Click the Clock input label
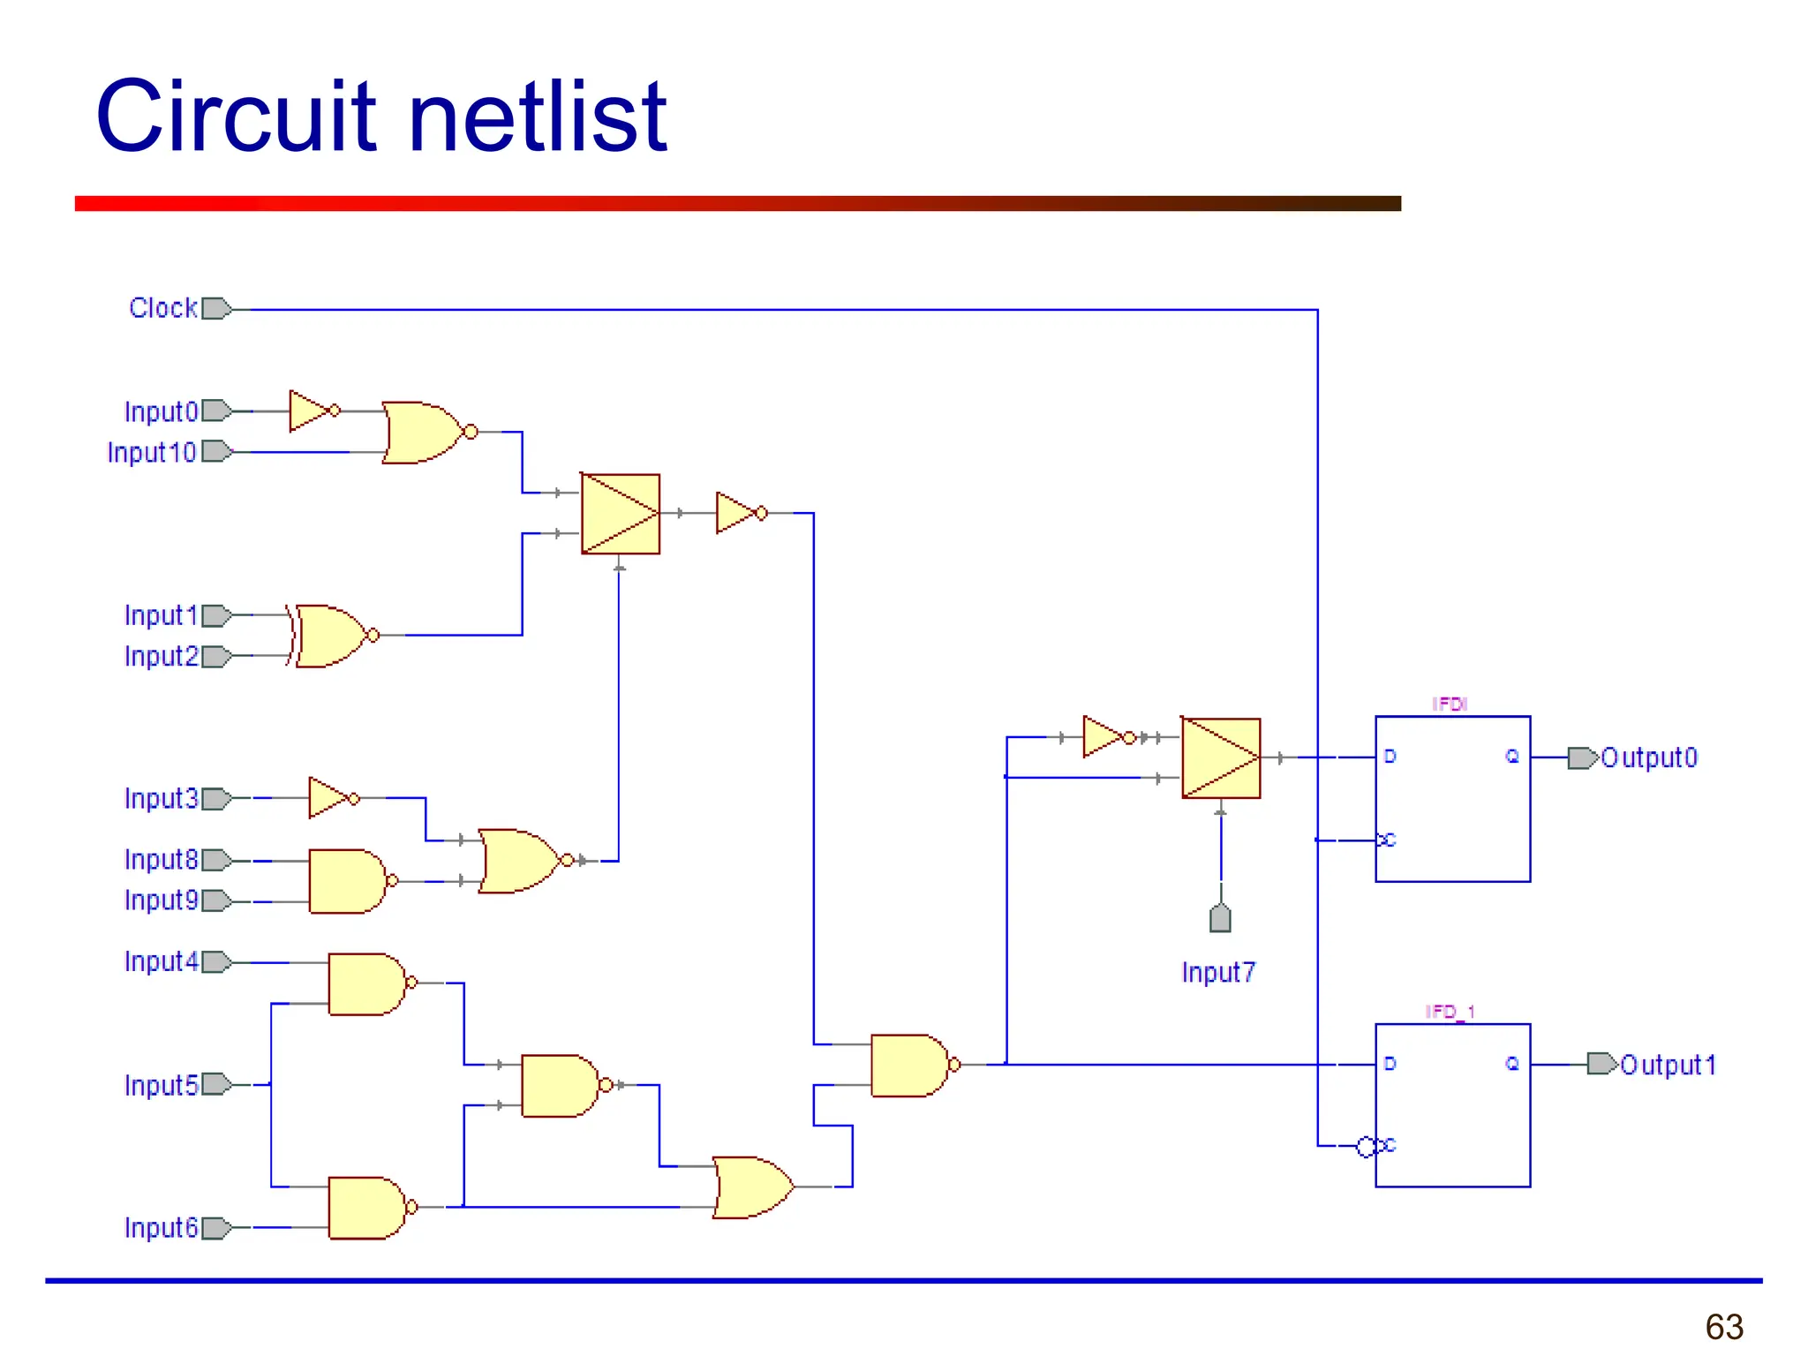click(x=162, y=308)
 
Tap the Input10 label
click(x=151, y=452)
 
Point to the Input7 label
click(x=1218, y=972)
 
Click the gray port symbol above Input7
click(x=1220, y=919)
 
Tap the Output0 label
click(x=1649, y=757)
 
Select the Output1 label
click(x=1669, y=1065)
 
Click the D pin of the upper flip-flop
click(x=1390, y=757)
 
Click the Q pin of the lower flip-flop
click(x=1512, y=1064)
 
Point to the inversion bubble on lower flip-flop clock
click(x=1366, y=1147)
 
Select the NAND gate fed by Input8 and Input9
click(x=348, y=881)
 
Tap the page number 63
click(x=1723, y=1327)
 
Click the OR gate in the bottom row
click(x=752, y=1187)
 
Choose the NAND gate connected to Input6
click(x=366, y=1208)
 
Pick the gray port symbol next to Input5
click(x=216, y=1084)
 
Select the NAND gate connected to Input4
click(x=366, y=983)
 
